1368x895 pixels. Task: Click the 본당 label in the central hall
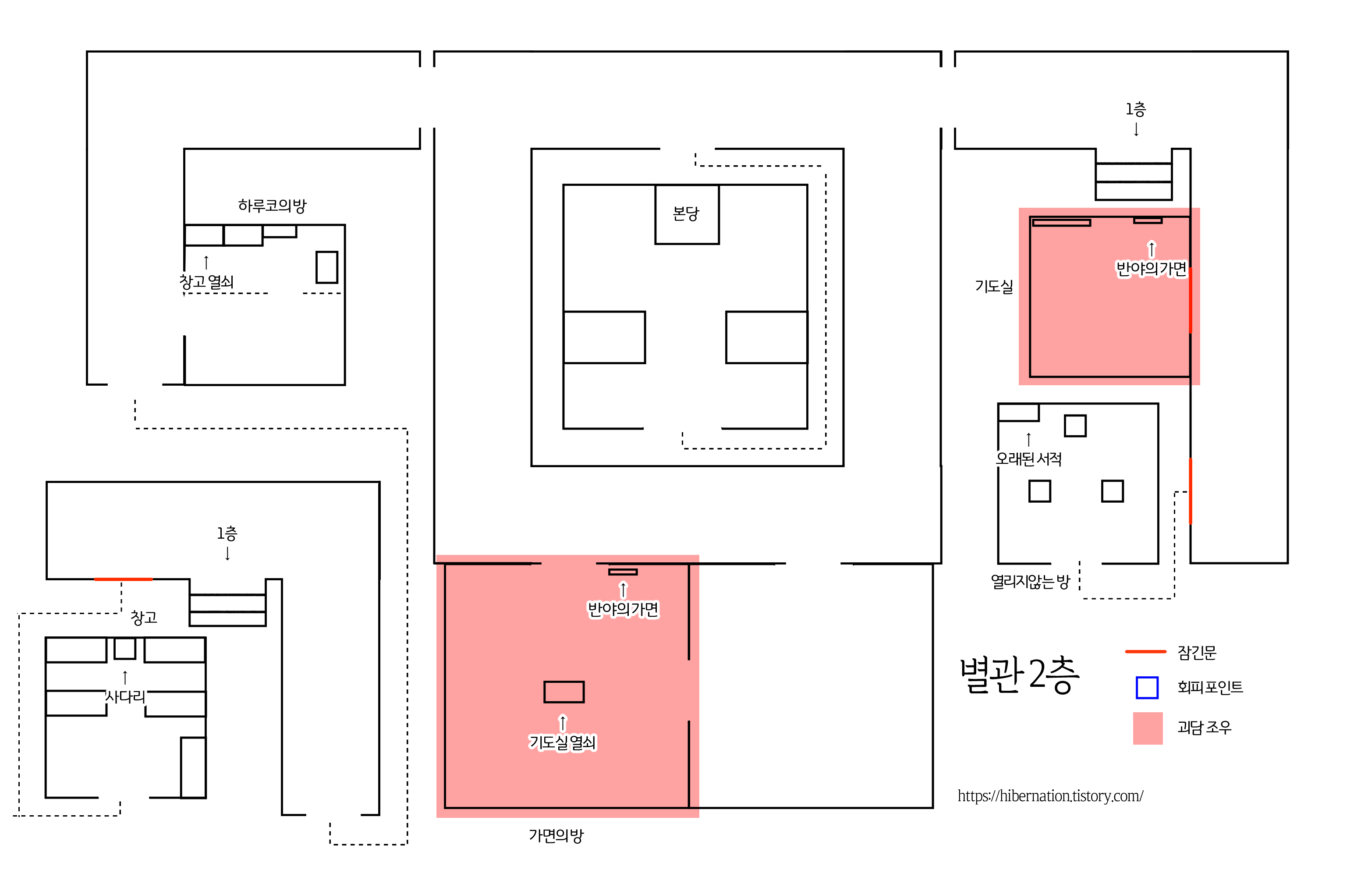click(x=686, y=214)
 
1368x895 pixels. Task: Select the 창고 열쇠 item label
click(x=206, y=282)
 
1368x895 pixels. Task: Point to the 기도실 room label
click(x=994, y=286)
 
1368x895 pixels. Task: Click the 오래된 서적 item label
click(x=1028, y=459)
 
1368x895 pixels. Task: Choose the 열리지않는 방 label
click(x=1030, y=582)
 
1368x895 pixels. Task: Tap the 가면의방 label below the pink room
click(x=556, y=835)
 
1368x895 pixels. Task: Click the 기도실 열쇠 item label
click(x=563, y=742)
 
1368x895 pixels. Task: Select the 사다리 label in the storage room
click(x=125, y=697)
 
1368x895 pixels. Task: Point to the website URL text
click(x=1050, y=796)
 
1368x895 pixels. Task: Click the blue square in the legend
click(x=1147, y=688)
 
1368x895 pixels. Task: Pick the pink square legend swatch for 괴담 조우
click(x=1148, y=728)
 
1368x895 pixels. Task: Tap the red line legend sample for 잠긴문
click(x=1145, y=651)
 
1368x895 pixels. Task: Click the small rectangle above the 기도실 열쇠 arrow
click(x=564, y=692)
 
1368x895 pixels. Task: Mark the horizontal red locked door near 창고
click(x=123, y=579)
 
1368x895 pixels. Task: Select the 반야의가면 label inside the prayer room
click(x=1151, y=268)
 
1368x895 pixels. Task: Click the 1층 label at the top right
click(x=1136, y=109)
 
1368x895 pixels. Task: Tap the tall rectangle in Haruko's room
click(x=326, y=267)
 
